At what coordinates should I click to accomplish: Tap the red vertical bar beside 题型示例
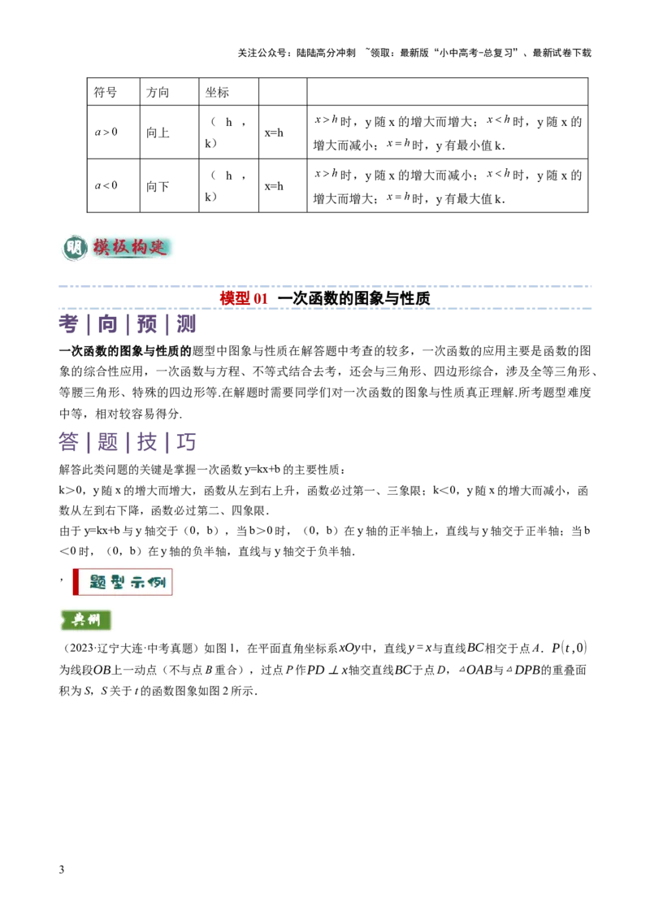[76, 582]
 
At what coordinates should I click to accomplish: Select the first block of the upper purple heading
[69, 326]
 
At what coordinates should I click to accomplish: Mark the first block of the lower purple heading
[69, 443]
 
